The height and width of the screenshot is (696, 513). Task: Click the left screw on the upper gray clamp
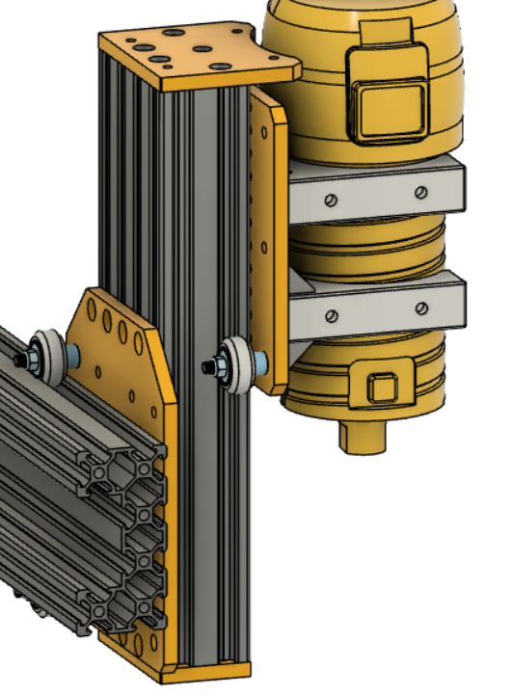click(x=331, y=200)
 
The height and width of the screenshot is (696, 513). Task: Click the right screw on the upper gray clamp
click(x=420, y=192)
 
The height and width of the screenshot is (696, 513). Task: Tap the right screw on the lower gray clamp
click(x=420, y=308)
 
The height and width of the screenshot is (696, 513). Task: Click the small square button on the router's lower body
click(x=382, y=388)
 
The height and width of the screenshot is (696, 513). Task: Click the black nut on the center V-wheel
click(x=208, y=367)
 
